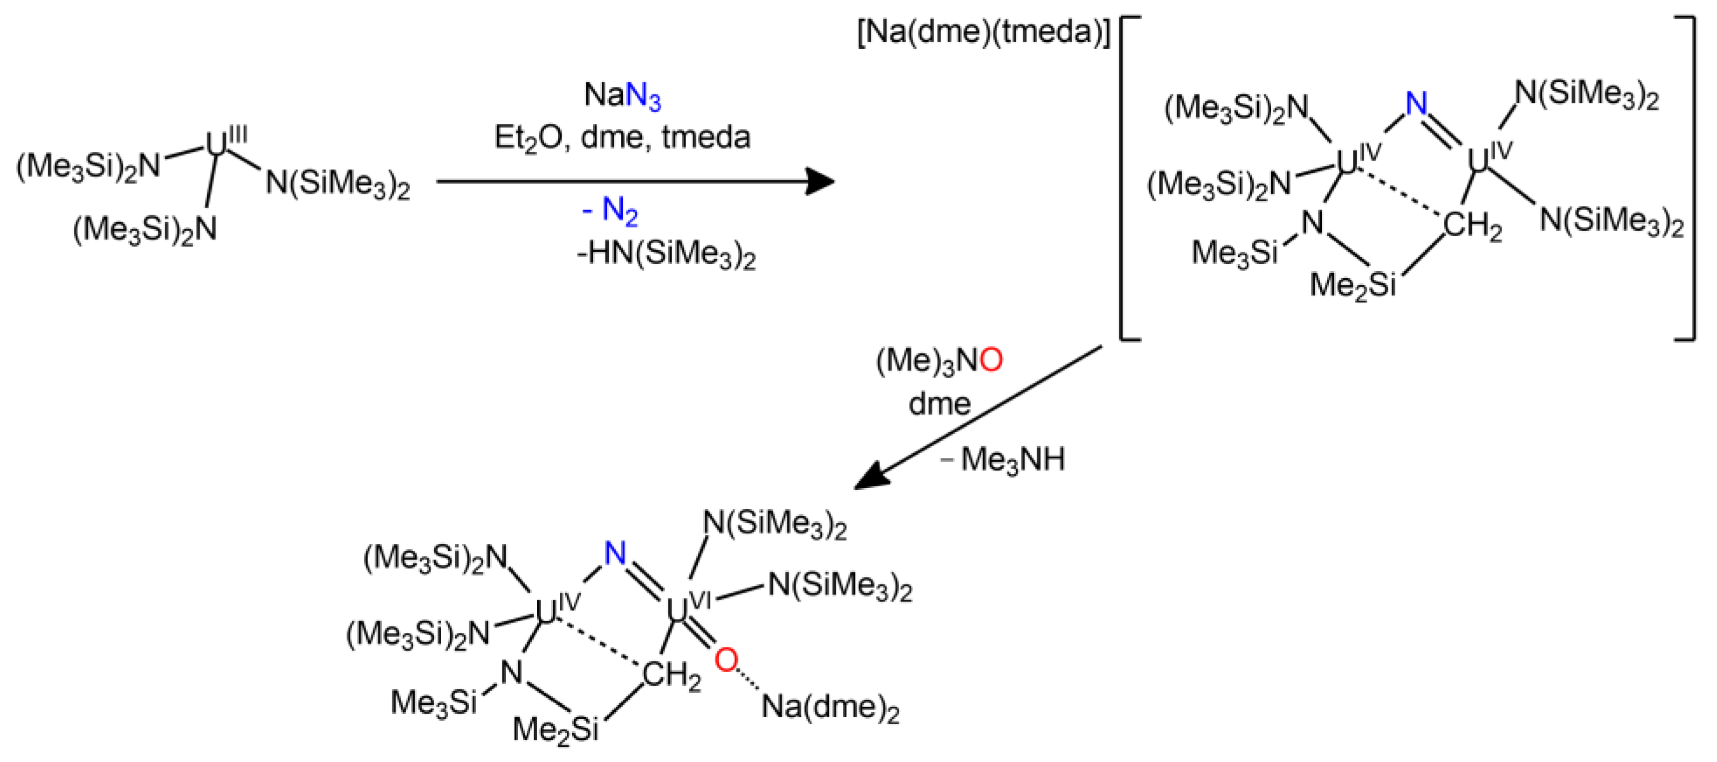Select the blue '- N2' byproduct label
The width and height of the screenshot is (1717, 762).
(610, 211)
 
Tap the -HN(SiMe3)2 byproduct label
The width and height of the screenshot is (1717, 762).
(666, 254)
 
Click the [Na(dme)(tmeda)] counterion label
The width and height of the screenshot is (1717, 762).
(984, 32)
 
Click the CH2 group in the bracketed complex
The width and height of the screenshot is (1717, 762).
(1472, 227)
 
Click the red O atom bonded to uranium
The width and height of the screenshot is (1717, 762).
(726, 660)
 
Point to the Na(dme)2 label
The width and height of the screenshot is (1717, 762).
(830, 707)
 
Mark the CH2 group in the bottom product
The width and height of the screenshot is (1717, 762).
(671, 678)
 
